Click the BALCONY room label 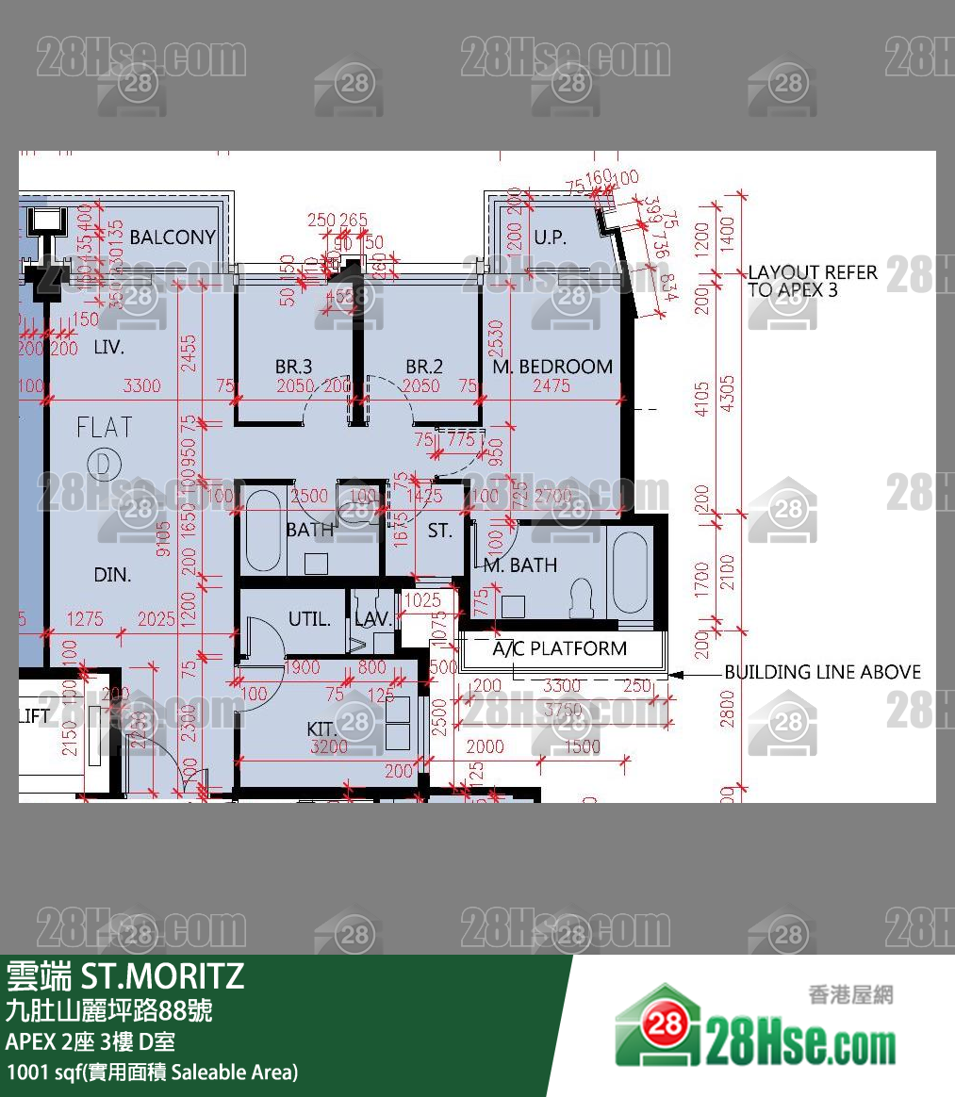click(x=173, y=237)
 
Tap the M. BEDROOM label click(x=552, y=367)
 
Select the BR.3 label click(x=293, y=367)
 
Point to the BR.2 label click(x=424, y=367)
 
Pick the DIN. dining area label click(x=112, y=574)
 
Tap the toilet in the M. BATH click(x=581, y=597)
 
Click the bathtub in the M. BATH click(x=630, y=573)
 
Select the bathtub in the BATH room click(x=263, y=532)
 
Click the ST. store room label click(x=440, y=531)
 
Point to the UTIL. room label click(x=309, y=619)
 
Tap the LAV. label click(x=373, y=619)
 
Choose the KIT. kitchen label click(x=321, y=729)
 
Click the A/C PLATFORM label click(x=559, y=648)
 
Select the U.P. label click(x=550, y=237)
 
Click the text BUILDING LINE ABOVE click(x=822, y=672)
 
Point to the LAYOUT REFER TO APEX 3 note click(x=812, y=281)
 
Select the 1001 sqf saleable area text click(x=152, y=1072)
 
